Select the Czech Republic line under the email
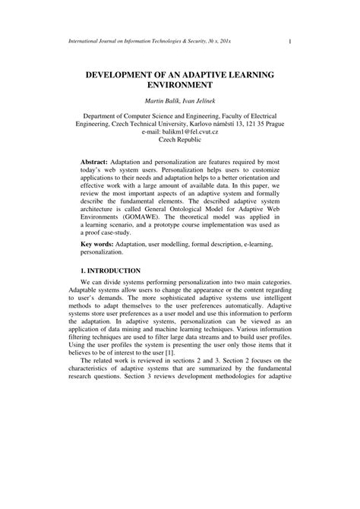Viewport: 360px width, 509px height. (x=180, y=141)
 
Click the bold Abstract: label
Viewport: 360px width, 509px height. (x=95, y=163)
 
